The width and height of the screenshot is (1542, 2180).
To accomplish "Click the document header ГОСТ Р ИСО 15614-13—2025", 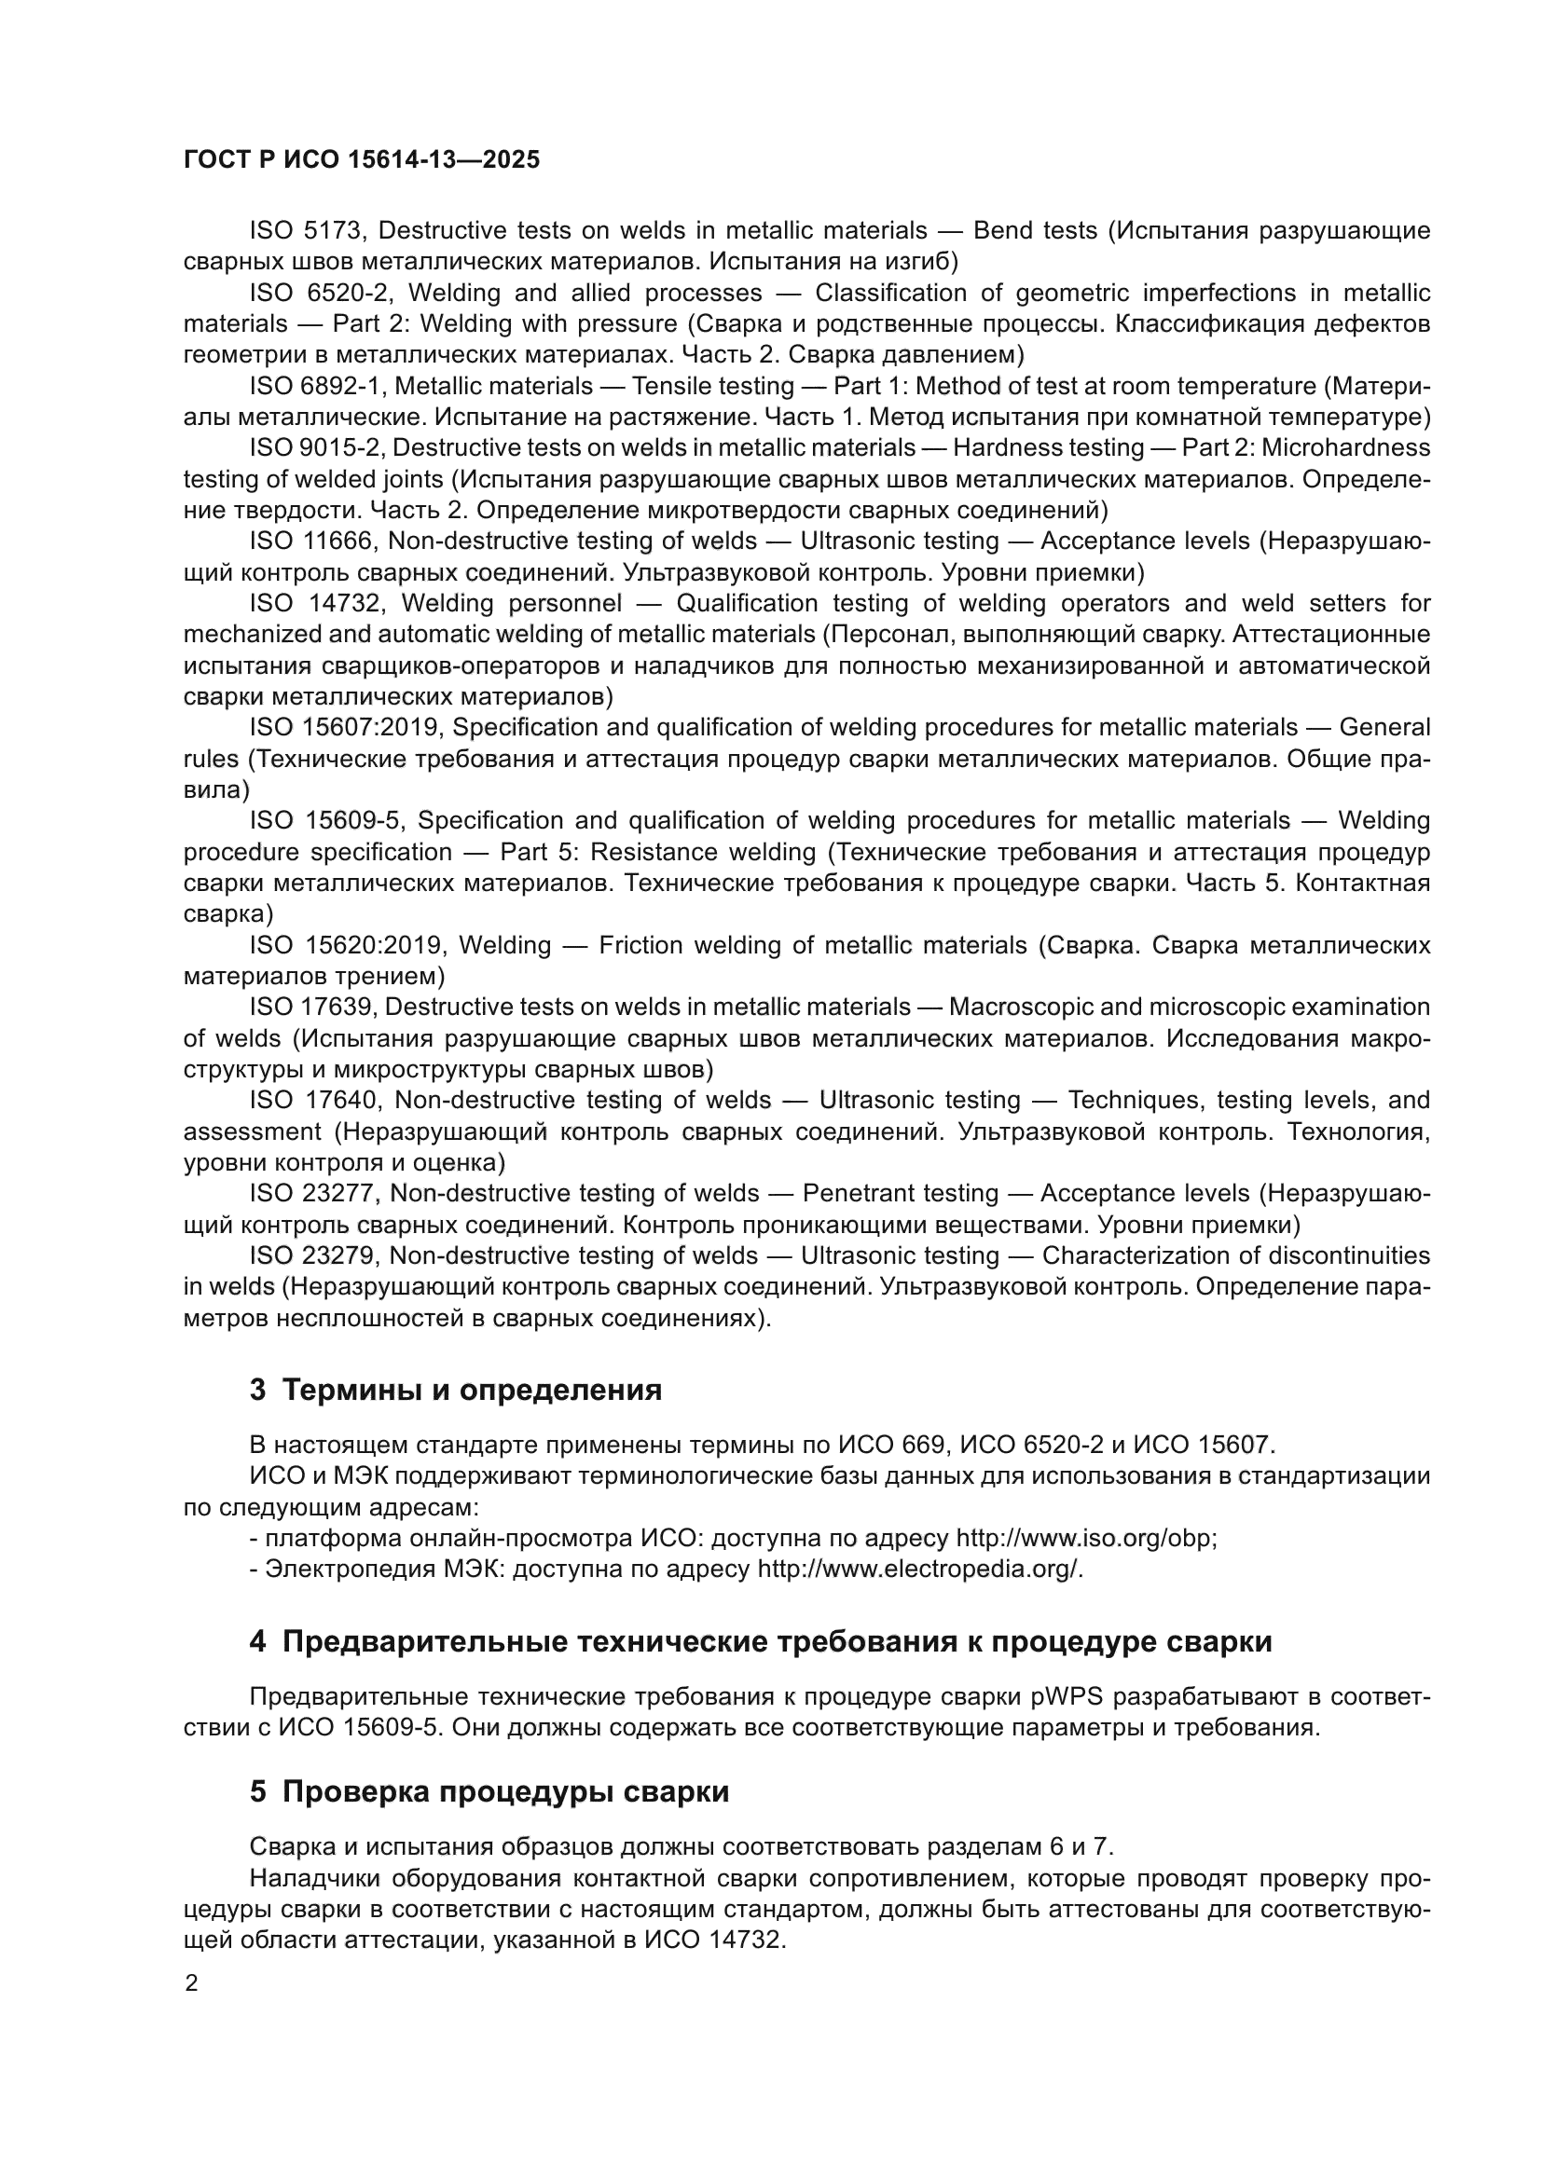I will click(361, 159).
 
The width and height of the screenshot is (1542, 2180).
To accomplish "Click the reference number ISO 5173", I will click(308, 231).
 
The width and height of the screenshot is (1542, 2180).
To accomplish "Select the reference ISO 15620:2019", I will click(347, 945).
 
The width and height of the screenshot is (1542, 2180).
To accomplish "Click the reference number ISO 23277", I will click(314, 1193).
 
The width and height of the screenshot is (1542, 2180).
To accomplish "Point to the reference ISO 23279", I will click(313, 1255).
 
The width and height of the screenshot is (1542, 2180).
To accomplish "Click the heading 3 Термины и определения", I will click(456, 1390).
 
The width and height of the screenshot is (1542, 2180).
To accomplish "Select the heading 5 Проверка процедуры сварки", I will click(489, 1791).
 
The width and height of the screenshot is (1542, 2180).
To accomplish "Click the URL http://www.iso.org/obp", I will click(1084, 1538).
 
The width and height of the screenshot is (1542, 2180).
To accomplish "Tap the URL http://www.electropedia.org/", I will click(919, 1570).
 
